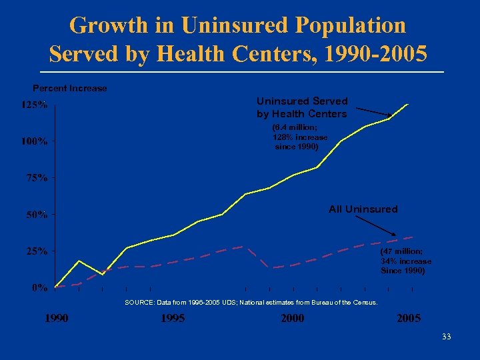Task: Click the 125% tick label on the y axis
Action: click(x=34, y=105)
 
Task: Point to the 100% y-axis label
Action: click(x=34, y=141)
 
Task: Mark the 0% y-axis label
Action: click(x=39, y=288)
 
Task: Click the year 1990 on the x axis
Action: click(x=56, y=319)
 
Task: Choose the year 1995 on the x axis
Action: click(x=173, y=319)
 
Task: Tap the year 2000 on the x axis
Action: click(x=292, y=319)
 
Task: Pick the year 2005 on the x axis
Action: click(x=409, y=319)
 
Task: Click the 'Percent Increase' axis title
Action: click(x=70, y=88)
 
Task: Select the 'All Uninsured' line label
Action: click(x=363, y=209)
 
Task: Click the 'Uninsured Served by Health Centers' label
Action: click(x=302, y=107)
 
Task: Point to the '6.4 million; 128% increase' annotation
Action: click(x=299, y=137)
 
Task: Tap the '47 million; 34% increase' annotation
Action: click(x=405, y=261)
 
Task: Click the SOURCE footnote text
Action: click(x=251, y=303)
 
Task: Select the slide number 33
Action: click(x=446, y=337)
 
